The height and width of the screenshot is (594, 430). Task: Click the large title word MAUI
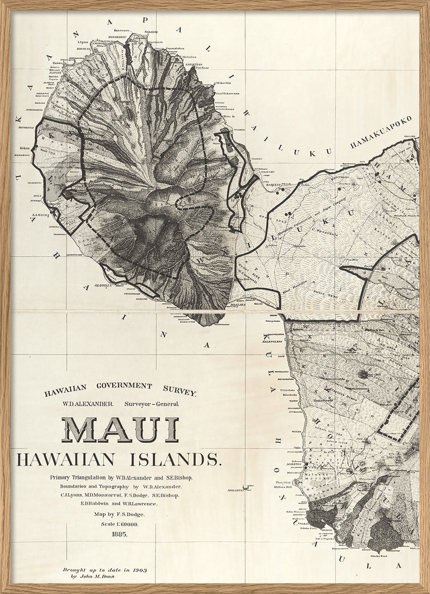(x=124, y=429)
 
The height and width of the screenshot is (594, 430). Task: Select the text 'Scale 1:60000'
(x=118, y=524)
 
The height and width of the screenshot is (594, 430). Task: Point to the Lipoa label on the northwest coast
(x=83, y=40)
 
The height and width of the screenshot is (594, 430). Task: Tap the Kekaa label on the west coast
(x=24, y=145)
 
